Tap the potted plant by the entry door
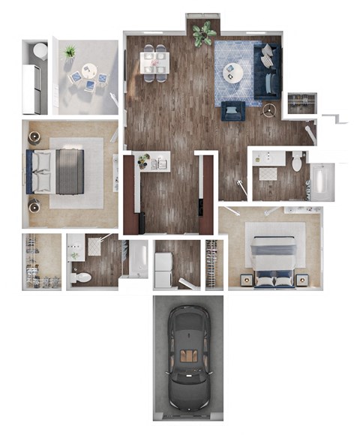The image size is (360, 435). coord(202,33)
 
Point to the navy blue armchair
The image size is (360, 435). coord(233,110)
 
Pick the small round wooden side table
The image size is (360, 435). coord(269,110)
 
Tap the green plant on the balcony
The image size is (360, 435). coord(70,52)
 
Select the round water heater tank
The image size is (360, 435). coord(40,51)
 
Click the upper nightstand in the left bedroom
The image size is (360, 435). coord(34,137)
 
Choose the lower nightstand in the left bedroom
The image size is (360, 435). coord(34,204)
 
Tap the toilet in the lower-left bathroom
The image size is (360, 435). coord(80,277)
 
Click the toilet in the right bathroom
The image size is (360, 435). coord(298,160)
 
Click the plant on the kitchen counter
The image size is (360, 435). coord(143,160)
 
